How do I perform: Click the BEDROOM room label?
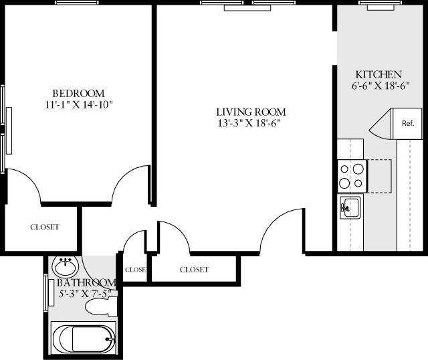78,93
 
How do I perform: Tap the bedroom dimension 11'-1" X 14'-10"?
78,104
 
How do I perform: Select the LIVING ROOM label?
251,112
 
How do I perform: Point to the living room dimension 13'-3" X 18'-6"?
251,123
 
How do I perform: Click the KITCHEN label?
378,74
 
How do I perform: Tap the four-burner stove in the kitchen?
351,175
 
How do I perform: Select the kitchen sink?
350,207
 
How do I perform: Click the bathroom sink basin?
65,268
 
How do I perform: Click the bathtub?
83,338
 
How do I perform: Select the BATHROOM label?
82,283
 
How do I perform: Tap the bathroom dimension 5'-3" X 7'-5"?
82,294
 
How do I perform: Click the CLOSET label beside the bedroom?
44,227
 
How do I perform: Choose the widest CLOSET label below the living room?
194,270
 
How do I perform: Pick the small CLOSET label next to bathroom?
135,270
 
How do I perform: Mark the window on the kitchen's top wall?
379,3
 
